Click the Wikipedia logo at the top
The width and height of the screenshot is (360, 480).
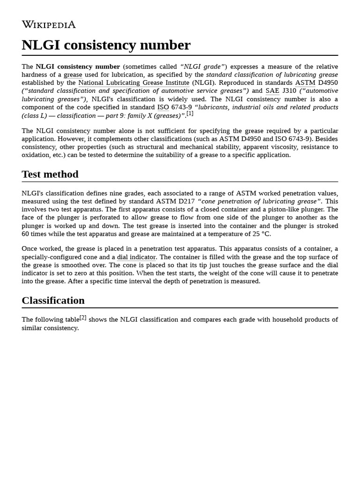coord(49,24)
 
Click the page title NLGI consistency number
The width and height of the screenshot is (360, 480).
coord(106,45)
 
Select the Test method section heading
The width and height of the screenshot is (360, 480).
coord(50,174)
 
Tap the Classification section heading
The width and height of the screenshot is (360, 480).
coord(53,300)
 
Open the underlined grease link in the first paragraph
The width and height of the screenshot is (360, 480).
coord(73,75)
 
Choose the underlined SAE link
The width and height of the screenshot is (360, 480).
coord(272,91)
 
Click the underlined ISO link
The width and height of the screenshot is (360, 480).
coord(163,107)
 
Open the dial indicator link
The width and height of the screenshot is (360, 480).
coord(136,257)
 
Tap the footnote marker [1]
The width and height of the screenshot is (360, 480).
coord(190,113)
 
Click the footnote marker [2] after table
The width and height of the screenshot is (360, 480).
coord(83,318)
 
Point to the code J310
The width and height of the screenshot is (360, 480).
coord(289,91)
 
